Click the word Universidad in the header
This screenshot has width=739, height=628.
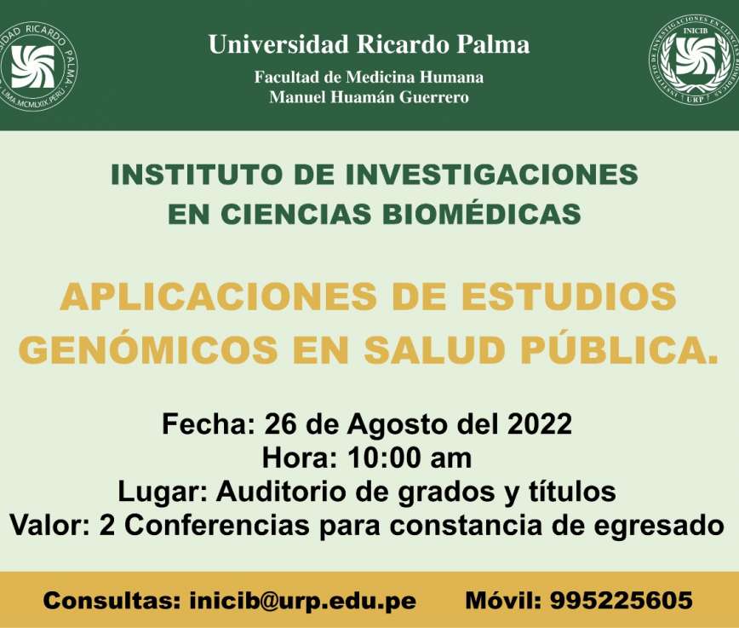click(x=278, y=44)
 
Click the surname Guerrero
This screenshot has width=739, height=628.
click(x=434, y=97)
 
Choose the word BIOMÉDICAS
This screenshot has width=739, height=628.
click(x=482, y=214)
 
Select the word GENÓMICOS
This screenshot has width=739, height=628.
click(x=148, y=349)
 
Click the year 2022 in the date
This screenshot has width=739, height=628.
click(x=540, y=423)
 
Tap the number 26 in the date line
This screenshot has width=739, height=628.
click(x=281, y=423)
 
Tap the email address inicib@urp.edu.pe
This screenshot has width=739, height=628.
click(x=302, y=601)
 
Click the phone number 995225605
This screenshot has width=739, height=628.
click(x=622, y=601)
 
